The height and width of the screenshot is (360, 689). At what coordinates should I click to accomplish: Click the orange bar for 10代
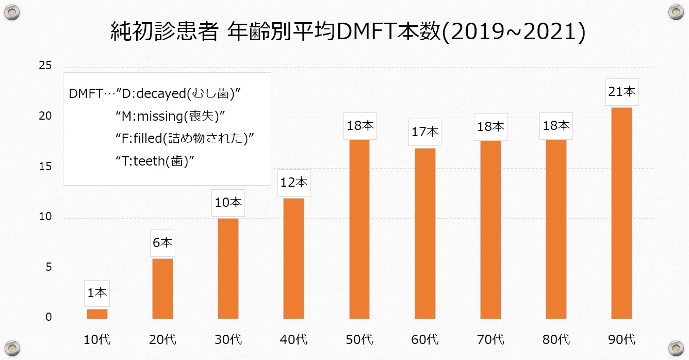pos(97,314)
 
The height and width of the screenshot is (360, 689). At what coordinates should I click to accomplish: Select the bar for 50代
pos(359,229)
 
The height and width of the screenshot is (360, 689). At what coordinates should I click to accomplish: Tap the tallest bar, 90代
pos(621,213)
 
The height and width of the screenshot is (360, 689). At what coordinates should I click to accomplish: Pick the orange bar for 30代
pos(228,268)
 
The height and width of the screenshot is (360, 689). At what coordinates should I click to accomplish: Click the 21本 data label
pos(621,92)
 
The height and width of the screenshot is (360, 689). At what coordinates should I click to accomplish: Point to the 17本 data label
pos(424,132)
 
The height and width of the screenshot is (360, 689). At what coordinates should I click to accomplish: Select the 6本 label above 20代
pos(162,243)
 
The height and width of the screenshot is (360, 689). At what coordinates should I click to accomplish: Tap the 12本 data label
pos(293,182)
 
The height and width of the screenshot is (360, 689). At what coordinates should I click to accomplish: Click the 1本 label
pos(97,293)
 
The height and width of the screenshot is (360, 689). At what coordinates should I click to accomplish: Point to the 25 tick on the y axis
pos(45,66)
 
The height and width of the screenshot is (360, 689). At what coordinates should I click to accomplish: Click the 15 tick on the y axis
pos(45,167)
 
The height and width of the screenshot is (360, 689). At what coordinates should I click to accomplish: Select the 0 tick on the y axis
pos(48,318)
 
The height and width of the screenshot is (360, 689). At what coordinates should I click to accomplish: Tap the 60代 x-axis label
pos(425,340)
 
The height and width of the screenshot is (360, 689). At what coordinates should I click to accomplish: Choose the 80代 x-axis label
pos(556,340)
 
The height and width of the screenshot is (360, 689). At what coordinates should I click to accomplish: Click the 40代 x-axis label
pos(294,340)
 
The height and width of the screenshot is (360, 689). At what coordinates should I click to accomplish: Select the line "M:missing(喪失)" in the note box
pos(171,117)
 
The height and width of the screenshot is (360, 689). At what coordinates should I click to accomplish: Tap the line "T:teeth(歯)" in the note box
pos(157,161)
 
